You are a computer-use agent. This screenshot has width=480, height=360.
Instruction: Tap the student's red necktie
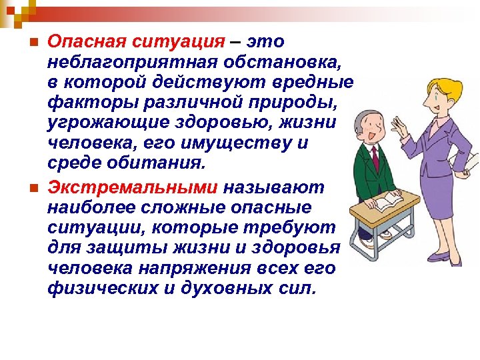click(x=375, y=160)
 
